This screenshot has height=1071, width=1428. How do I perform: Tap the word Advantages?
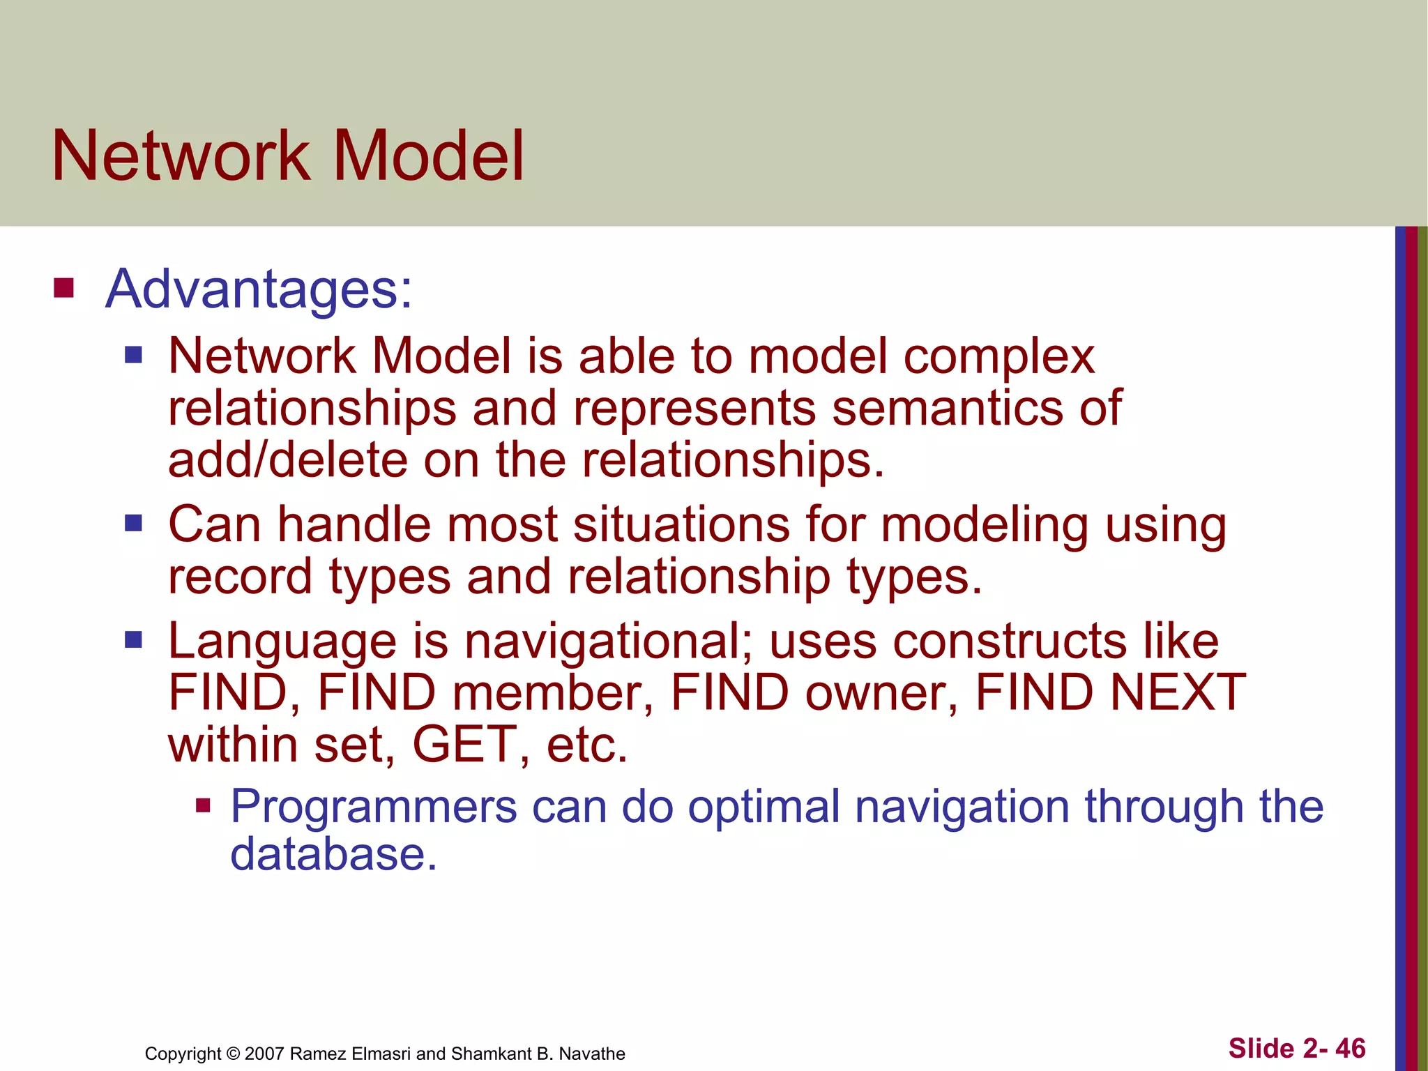tap(259, 289)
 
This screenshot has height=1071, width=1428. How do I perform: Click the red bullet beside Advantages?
tap(63, 288)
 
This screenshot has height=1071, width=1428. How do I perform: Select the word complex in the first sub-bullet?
tap(998, 357)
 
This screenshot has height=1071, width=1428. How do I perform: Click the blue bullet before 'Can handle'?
tap(133, 523)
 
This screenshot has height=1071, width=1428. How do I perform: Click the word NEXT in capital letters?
tap(1177, 692)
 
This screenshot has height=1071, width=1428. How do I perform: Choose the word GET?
tap(471, 745)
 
